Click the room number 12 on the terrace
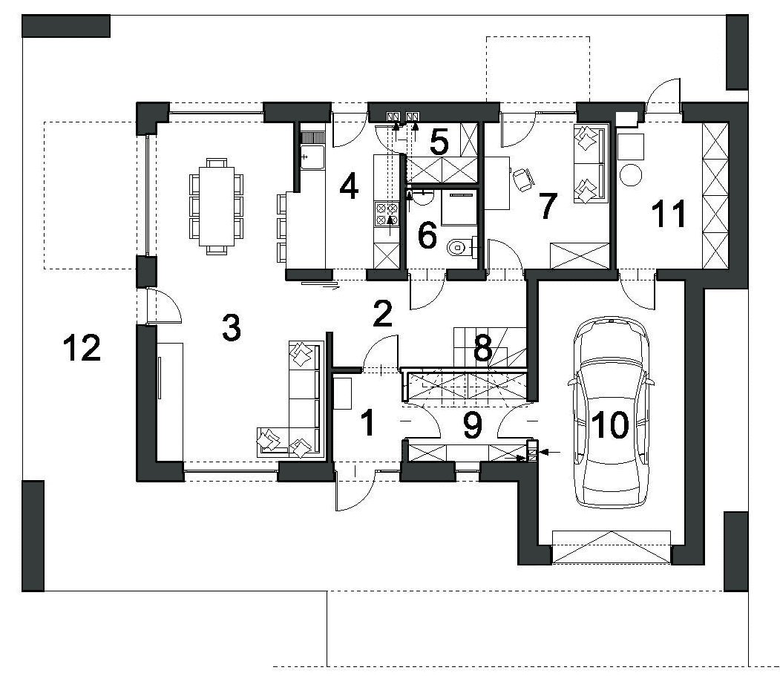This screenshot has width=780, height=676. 82,348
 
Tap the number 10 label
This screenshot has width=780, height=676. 610,425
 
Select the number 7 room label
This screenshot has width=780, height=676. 548,207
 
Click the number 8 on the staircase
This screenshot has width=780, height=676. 482,349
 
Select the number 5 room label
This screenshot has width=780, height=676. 439,141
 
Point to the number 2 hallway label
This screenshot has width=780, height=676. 382,315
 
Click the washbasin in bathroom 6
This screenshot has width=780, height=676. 422,196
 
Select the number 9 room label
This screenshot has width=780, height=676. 472,424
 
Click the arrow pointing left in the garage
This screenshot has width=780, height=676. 551,451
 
